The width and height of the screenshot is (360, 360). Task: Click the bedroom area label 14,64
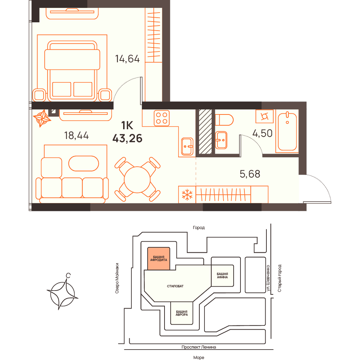click(x=127, y=59)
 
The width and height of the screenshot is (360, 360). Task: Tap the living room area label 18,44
click(x=76, y=135)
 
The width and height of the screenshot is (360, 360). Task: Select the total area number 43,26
click(x=127, y=139)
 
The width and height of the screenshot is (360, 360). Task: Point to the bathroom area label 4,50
click(x=262, y=133)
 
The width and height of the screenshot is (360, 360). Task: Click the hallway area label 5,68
click(x=250, y=174)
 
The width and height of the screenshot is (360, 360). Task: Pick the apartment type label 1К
click(x=127, y=125)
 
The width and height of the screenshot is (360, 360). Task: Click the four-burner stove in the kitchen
click(x=162, y=118)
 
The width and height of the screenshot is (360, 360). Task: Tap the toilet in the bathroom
click(x=224, y=120)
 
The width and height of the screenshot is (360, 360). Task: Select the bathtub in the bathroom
click(x=287, y=131)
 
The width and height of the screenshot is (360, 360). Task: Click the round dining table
click(x=137, y=180)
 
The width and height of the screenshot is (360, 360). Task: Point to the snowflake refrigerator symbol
click(x=187, y=195)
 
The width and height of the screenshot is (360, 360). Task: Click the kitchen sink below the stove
click(x=187, y=147)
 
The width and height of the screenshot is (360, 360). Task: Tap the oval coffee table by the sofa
click(x=84, y=164)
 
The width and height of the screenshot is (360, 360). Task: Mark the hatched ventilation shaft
click(x=205, y=131)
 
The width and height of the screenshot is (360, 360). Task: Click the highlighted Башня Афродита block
click(x=159, y=258)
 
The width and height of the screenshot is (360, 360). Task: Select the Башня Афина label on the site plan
click(x=222, y=275)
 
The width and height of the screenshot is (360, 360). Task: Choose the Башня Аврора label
click(x=181, y=313)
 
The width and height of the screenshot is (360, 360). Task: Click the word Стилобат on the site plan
click(x=175, y=286)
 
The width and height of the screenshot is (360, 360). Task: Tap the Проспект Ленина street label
click(x=199, y=347)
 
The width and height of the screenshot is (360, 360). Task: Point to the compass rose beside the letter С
click(x=62, y=294)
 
